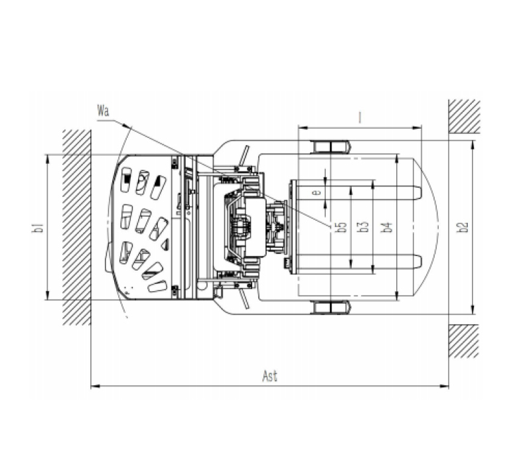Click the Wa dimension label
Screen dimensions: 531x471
pyautogui.click(x=103, y=111)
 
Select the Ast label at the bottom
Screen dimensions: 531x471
pyautogui.click(x=270, y=376)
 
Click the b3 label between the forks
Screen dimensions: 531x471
pyautogui.click(x=363, y=227)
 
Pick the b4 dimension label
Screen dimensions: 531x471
pyautogui.click(x=386, y=227)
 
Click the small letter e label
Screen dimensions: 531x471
pyautogui.click(x=317, y=192)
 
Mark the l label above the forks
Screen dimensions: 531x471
pyautogui.click(x=360, y=117)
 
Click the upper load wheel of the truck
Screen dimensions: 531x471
pyautogui.click(x=331, y=147)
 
